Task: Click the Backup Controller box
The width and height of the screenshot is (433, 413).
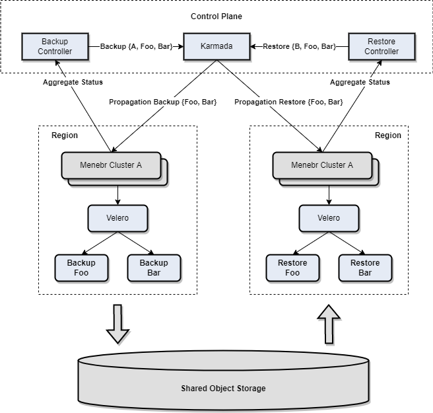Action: click(x=55, y=47)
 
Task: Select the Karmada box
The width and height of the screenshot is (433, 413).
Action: click(x=216, y=47)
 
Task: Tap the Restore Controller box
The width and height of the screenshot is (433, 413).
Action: click(x=382, y=47)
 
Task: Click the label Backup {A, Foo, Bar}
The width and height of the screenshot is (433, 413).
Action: click(x=136, y=47)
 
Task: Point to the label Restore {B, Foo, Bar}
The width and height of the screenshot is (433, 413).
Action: click(x=299, y=47)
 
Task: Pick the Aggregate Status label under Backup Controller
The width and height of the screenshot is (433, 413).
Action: click(x=73, y=82)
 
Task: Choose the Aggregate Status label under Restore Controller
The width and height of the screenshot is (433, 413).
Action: click(x=360, y=82)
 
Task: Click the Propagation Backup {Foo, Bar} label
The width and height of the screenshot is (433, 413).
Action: click(x=162, y=102)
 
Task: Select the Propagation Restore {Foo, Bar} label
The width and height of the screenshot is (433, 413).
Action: click(x=288, y=102)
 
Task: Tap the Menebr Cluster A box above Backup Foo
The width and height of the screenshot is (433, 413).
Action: click(x=111, y=165)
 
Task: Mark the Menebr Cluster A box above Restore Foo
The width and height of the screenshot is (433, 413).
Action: click(x=322, y=165)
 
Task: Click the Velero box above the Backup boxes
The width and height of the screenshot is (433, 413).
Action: click(x=117, y=218)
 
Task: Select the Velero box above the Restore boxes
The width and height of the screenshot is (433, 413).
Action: click(x=329, y=218)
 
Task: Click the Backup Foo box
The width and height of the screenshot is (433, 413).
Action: click(x=81, y=268)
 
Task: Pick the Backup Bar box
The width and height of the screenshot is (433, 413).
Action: click(x=154, y=268)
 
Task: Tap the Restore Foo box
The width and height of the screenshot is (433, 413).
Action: click(x=292, y=268)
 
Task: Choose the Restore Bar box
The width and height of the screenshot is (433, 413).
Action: click(x=365, y=268)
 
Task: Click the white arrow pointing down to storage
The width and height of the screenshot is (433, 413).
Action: click(x=117, y=324)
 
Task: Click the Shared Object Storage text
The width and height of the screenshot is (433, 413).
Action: click(x=223, y=389)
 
